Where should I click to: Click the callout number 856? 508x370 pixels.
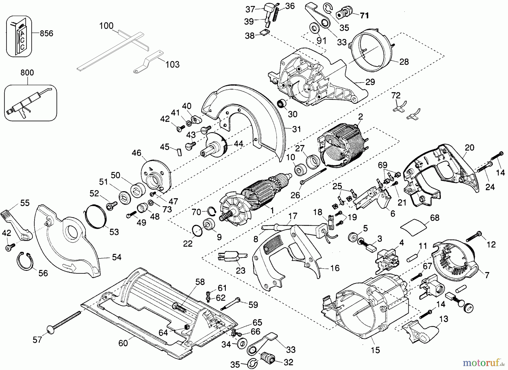(46, 33)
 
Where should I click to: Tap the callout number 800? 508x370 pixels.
(27, 73)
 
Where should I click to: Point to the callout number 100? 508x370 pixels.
(106, 26)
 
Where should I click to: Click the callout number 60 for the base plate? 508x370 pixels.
(123, 343)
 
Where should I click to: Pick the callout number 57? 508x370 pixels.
(37, 340)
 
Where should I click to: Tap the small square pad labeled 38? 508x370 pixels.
(264, 33)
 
